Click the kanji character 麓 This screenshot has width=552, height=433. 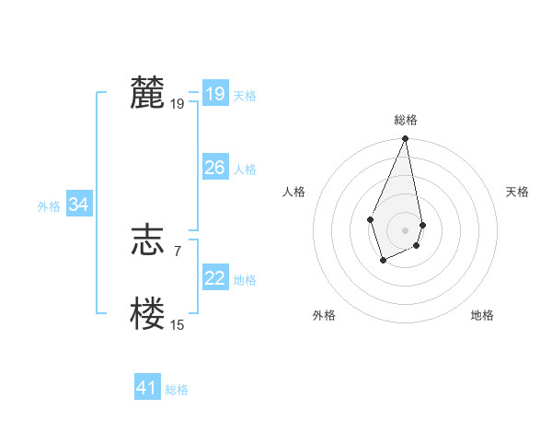(x=147, y=94)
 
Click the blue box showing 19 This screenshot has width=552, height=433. (x=214, y=94)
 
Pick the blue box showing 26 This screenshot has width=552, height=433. (x=214, y=168)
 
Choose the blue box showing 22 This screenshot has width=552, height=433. (x=214, y=278)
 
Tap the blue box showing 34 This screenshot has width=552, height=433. (x=79, y=205)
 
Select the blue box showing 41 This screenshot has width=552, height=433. (x=147, y=388)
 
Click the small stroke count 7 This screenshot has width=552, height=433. (x=177, y=251)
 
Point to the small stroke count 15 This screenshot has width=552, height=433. (x=177, y=325)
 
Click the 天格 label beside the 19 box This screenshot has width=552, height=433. (x=245, y=96)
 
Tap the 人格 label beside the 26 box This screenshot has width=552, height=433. (x=245, y=170)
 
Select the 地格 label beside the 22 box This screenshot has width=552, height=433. (x=245, y=280)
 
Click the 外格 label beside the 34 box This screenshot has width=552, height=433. (x=49, y=207)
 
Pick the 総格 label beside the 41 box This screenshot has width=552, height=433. (x=177, y=390)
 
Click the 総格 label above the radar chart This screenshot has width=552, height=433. (x=405, y=120)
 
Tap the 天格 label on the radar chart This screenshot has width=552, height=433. (x=517, y=192)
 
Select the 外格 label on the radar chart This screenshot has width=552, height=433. (x=324, y=315)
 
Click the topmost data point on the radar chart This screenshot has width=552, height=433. (x=405, y=139)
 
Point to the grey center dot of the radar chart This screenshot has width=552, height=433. (x=405, y=229)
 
